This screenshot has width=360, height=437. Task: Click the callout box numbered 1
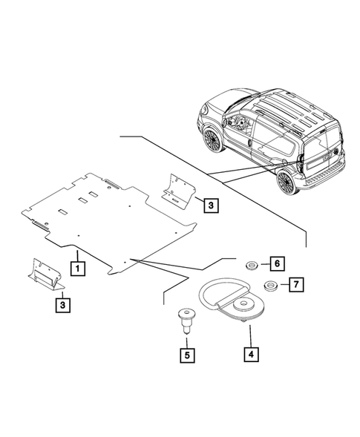coord(76,265)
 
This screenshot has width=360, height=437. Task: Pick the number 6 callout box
coord(274,263)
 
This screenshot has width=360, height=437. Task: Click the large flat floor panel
coord(111,223)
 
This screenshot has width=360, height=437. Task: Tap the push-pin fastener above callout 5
coord(186,322)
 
